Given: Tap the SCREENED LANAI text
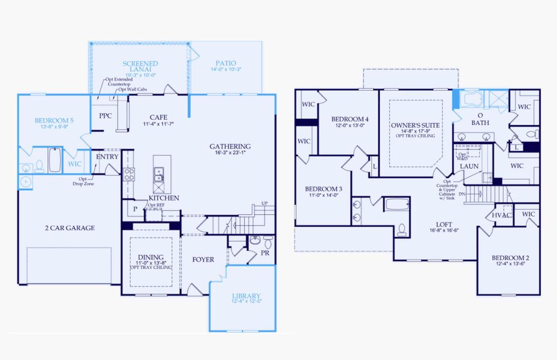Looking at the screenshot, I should [x=140, y=67].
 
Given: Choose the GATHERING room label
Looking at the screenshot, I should [x=230, y=146].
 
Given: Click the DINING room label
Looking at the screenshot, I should [x=146, y=258].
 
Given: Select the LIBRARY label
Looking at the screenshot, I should [x=246, y=296].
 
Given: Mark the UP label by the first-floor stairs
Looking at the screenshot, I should [x=264, y=203].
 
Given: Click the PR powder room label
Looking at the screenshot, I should [x=264, y=254].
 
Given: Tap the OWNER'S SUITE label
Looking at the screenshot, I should [x=415, y=125].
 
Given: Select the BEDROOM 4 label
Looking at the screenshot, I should [x=350, y=119].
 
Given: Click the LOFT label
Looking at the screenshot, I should [x=444, y=223].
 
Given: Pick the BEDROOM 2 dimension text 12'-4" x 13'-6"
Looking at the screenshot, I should [x=510, y=266].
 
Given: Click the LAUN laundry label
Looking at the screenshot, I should [x=468, y=166].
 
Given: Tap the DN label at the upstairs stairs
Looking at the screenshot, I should [x=461, y=193].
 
